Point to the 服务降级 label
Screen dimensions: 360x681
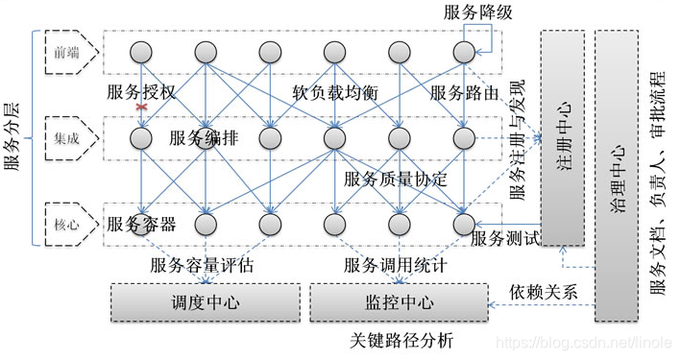click(476, 12)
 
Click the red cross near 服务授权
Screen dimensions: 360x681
click(142, 107)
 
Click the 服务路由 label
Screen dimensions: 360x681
click(464, 93)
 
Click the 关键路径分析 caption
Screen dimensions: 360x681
click(401, 341)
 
